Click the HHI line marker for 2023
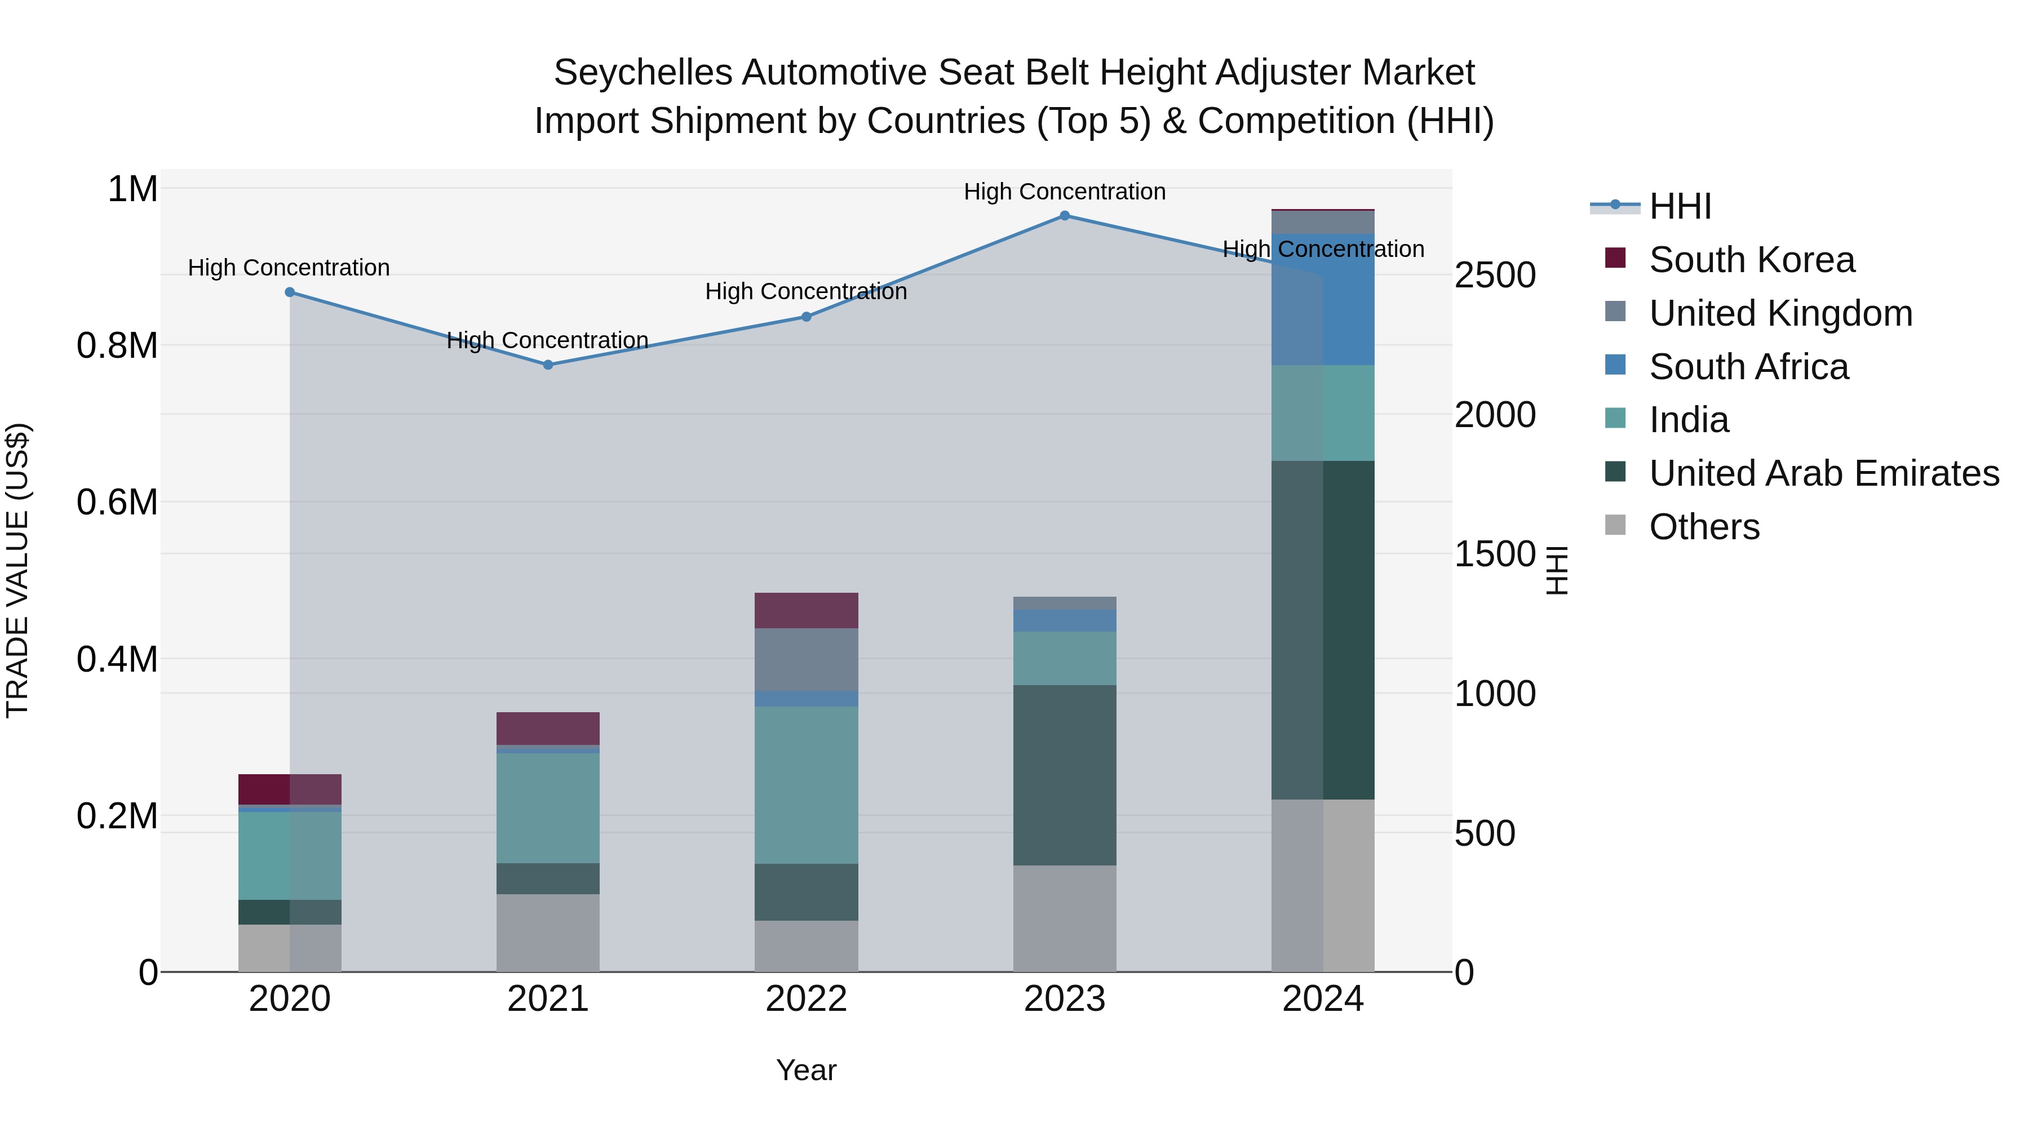(x=1064, y=216)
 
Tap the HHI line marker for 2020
(x=290, y=292)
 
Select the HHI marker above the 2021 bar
(x=548, y=365)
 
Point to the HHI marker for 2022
(x=807, y=317)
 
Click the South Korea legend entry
(x=1751, y=260)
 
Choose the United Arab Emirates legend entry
(x=1823, y=473)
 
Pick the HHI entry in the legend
(x=1680, y=206)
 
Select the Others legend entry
(x=1704, y=527)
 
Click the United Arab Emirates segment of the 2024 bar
(x=1322, y=630)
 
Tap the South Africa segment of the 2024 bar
(x=1322, y=299)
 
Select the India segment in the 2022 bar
(x=807, y=784)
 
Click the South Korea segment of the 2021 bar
(x=548, y=729)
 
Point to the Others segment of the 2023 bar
(x=1064, y=918)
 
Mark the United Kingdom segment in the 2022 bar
(x=807, y=659)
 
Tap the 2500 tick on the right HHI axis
(x=1495, y=276)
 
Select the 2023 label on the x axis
(x=1064, y=999)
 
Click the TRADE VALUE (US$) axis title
(x=17, y=570)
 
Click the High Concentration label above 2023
(x=1064, y=192)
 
